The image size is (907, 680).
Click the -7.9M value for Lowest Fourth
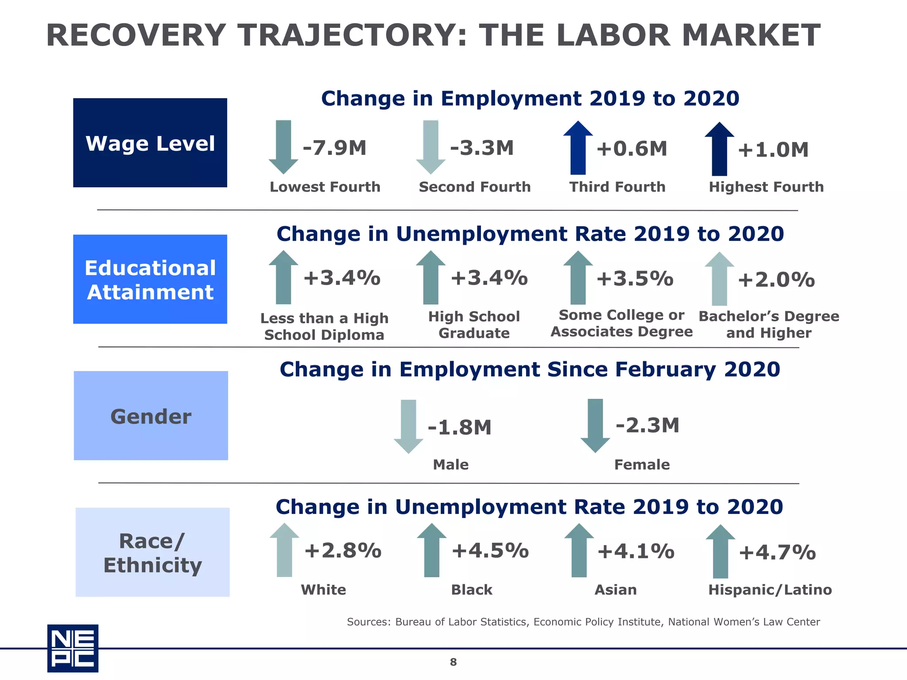pos(334,148)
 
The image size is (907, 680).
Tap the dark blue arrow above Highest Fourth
pos(719,149)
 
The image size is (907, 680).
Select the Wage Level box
pos(150,143)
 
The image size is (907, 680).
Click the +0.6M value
pos(632,149)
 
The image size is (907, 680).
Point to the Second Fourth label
pos(475,187)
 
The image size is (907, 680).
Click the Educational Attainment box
pos(150,279)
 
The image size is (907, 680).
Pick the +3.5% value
pos(635,279)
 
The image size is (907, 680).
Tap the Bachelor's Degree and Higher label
pos(769,325)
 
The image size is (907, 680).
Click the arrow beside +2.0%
pos(719,279)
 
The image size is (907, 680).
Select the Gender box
pos(151,416)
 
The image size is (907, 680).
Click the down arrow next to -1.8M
pos(408,426)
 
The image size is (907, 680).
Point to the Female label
pos(642,464)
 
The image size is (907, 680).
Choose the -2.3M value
pos(647,425)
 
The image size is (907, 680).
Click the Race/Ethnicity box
pos(152,552)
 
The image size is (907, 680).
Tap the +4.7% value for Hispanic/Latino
pos(777,552)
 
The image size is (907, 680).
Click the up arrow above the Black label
pos(431,550)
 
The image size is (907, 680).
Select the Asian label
pos(616,590)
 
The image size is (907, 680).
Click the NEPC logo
pos(73,648)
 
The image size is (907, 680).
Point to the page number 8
pos(453,662)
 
